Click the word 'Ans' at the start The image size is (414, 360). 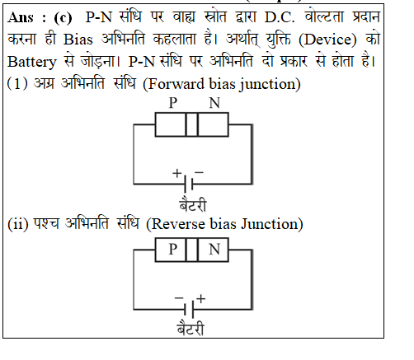coord(21,18)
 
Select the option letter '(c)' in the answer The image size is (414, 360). coord(63,18)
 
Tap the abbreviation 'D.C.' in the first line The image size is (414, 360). coord(280,17)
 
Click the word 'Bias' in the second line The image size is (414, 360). coord(78,40)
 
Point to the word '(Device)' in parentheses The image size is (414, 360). coord(327,40)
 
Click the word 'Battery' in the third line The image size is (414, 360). coord(31,62)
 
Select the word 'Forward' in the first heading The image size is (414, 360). coord(176,84)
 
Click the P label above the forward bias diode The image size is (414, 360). coord(172,103)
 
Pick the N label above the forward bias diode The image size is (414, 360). coord(214,103)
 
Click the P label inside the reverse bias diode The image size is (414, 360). coord(172,250)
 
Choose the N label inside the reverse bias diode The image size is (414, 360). coord(214,250)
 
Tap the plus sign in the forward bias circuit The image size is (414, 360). coord(177,173)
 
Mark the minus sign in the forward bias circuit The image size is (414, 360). coord(199,173)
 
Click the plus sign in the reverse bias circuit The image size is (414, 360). coord(201,299)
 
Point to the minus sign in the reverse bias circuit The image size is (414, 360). coord(179,297)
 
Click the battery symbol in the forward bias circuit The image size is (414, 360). coord(189,184)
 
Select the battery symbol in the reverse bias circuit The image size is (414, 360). coord(189,310)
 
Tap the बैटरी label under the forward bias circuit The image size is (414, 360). coord(192,204)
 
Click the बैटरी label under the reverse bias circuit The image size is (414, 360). coord(191,329)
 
